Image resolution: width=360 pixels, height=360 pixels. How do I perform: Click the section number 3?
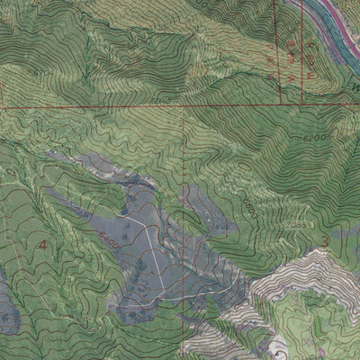click(323, 238)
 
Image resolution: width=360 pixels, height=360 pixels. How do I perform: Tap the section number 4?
click(40, 243)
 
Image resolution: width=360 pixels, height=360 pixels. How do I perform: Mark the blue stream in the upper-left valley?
click(54, 54)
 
